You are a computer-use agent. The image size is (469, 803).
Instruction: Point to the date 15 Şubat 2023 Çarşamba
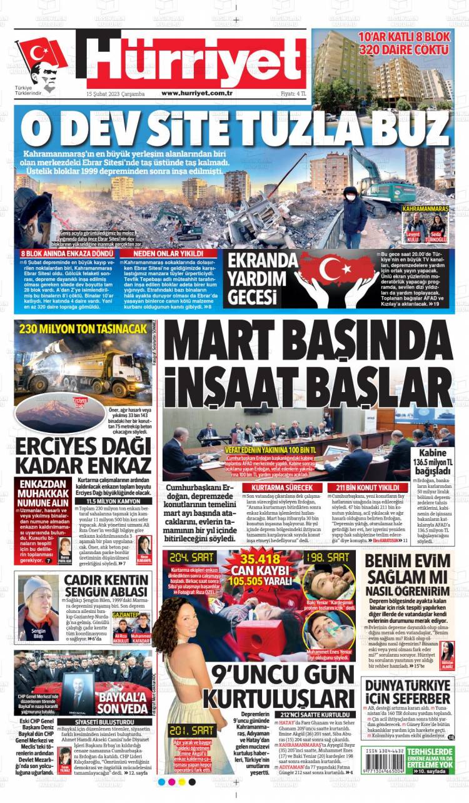point(116,93)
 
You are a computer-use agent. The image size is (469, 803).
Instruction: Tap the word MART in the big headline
point(216,342)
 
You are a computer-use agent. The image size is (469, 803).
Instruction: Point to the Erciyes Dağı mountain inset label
point(80,401)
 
